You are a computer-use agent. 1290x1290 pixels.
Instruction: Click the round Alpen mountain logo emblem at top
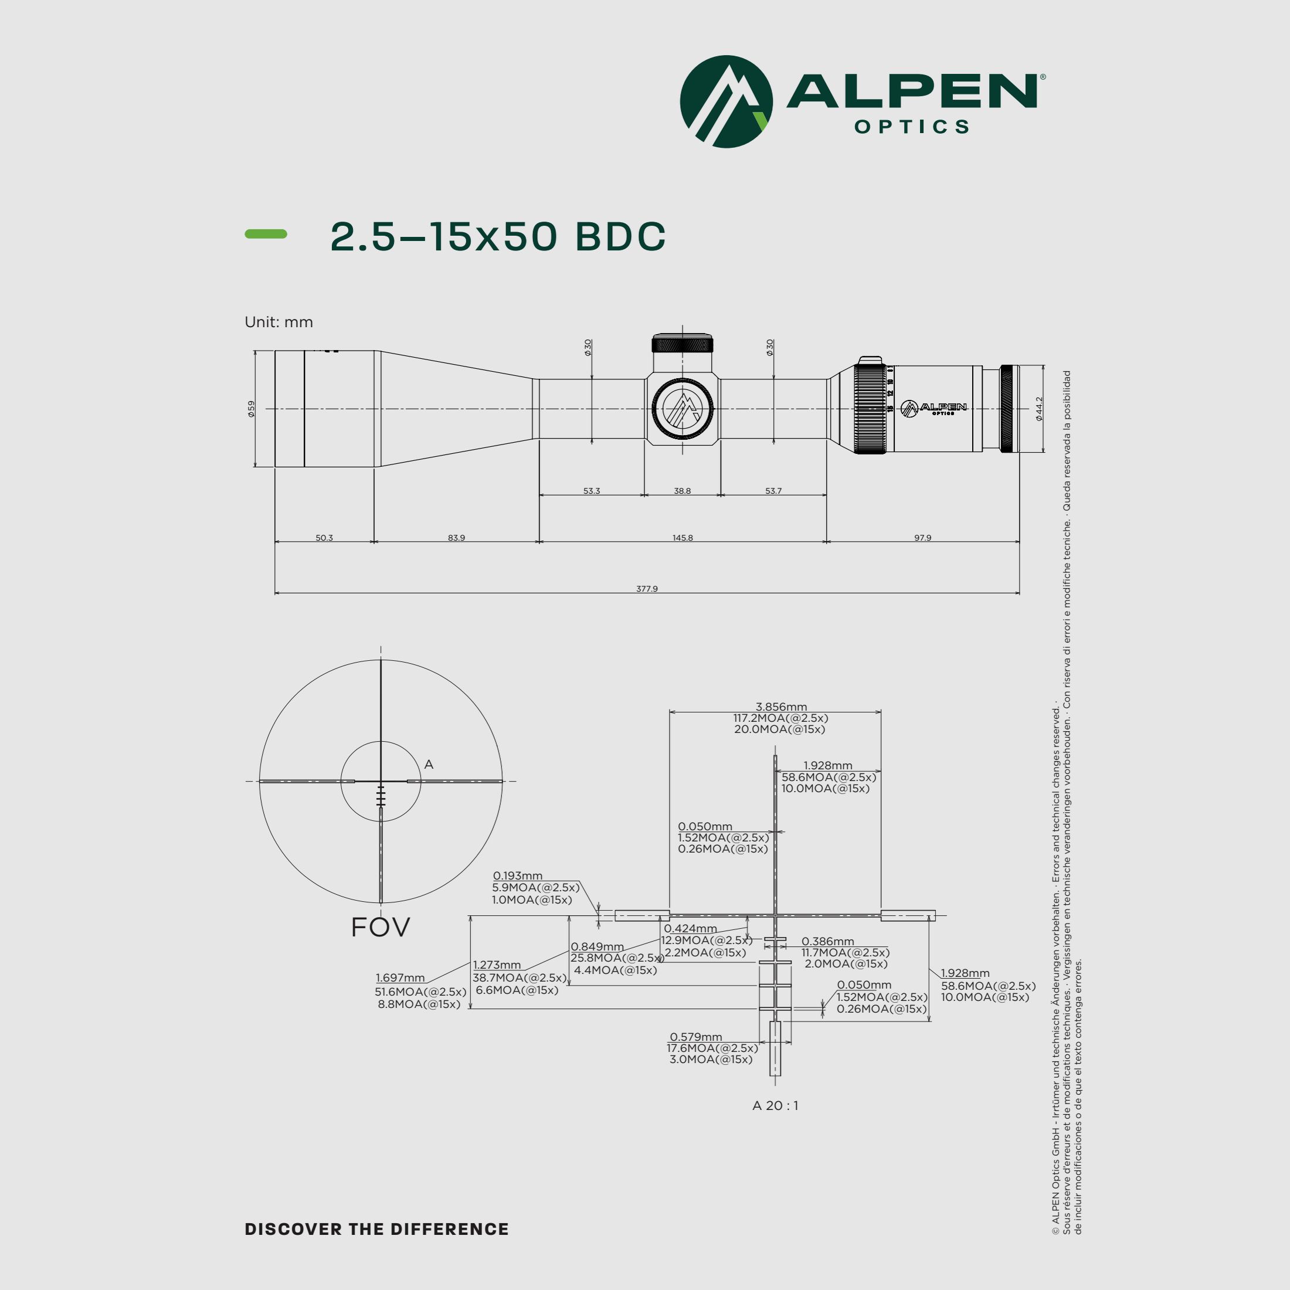[x=726, y=101]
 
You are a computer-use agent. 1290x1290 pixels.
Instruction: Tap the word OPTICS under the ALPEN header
[x=911, y=127]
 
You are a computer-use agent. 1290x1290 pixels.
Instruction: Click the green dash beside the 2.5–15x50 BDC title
[x=266, y=234]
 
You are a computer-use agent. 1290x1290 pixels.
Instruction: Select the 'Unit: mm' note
[x=279, y=322]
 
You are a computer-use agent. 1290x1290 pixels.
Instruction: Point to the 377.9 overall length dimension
[x=646, y=588]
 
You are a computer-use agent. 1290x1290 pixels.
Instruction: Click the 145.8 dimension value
[x=683, y=538]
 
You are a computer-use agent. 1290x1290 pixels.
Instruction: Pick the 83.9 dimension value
[x=456, y=538]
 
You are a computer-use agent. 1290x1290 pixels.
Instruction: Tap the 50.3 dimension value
[x=324, y=538]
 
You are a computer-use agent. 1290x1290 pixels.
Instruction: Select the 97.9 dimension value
[x=922, y=538]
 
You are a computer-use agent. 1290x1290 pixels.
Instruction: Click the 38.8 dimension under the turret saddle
[x=682, y=491]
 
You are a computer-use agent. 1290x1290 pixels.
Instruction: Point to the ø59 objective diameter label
[x=251, y=409]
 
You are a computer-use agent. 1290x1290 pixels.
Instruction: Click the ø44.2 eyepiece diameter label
[x=1039, y=409]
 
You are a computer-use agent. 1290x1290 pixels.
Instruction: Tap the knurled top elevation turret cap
[x=683, y=345]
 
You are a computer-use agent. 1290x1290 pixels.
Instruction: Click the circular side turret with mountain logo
[x=683, y=409]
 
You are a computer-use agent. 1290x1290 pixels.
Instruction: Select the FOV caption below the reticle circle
[x=380, y=927]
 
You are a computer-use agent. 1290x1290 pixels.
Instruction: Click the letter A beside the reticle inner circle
[x=429, y=764]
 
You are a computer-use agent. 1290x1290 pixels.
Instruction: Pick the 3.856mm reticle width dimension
[x=780, y=707]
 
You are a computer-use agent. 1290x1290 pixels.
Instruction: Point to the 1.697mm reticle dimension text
[x=400, y=977]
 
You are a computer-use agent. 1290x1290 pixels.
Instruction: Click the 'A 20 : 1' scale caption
[x=775, y=1105]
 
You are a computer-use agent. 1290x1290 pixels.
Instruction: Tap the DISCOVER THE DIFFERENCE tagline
[x=376, y=1228]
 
